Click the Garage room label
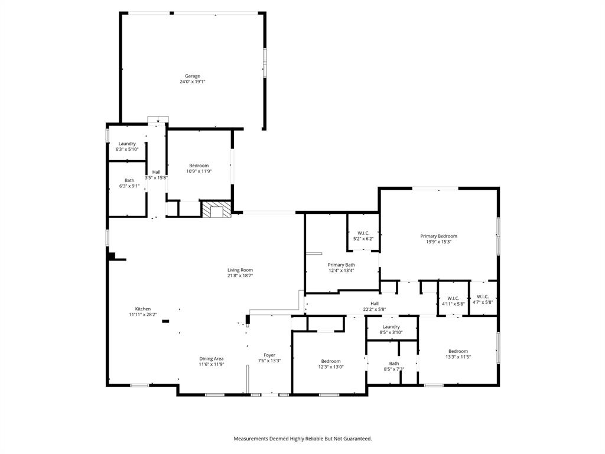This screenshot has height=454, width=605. [193, 76]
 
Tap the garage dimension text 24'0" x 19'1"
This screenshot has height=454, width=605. [193, 82]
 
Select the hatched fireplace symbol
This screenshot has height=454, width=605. [214, 210]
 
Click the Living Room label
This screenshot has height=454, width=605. [240, 270]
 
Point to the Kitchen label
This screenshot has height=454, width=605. [143, 309]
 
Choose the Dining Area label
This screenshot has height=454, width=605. [211, 359]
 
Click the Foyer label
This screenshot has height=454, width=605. [269, 355]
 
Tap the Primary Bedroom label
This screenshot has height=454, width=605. [438, 236]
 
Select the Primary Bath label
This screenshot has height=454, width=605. [341, 265]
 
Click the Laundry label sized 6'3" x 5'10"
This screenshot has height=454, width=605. [127, 144]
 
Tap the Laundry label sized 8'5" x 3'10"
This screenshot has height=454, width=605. [391, 327]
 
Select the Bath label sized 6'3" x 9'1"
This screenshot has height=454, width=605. [129, 180]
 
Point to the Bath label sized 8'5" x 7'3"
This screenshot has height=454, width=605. [394, 364]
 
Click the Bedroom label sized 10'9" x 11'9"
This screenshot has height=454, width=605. [199, 166]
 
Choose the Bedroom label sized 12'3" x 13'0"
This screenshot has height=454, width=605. [331, 361]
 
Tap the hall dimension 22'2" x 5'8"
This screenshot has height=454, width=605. [375, 309]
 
